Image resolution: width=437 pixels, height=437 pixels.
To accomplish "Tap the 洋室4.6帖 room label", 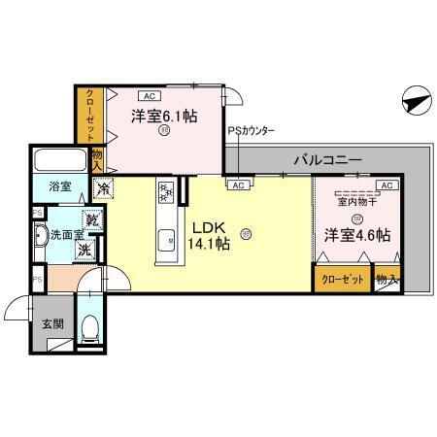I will pyautogui.click(x=357, y=235).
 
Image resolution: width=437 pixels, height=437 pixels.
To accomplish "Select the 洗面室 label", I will pyautogui.click(x=67, y=234).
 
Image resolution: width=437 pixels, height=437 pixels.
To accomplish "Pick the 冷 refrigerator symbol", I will pyautogui.click(x=101, y=188).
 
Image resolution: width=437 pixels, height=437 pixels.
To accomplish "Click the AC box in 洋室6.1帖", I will pyautogui.click(x=150, y=96).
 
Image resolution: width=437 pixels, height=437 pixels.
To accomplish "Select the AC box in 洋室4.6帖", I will pyautogui.click(x=385, y=185).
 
